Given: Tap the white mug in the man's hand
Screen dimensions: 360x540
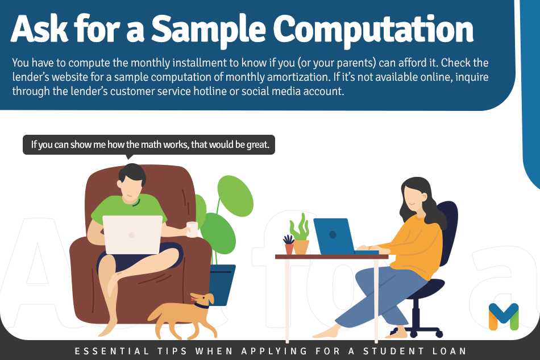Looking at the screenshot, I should pos(192,229).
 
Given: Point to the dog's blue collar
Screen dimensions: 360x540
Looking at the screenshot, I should pos(201,306).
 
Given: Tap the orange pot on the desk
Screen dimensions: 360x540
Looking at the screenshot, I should pos(301,246).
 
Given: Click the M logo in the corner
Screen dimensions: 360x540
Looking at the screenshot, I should pos(504,316).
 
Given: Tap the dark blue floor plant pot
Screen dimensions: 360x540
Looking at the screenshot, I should pos(222,284).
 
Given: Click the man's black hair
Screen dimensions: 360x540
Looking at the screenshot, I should pos(132,173).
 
